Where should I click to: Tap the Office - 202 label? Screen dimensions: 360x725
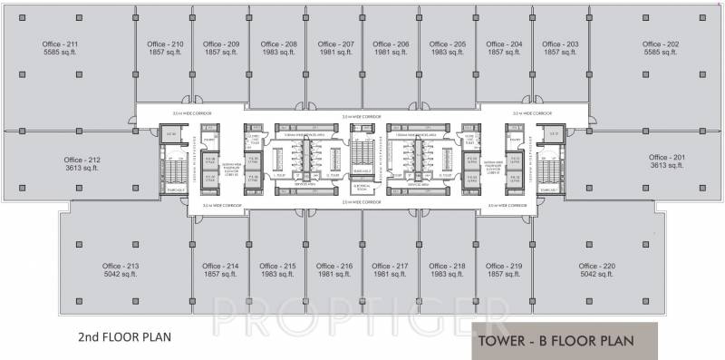(660, 44)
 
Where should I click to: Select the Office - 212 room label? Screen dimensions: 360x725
(82, 160)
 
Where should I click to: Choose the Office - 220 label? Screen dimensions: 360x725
(597, 266)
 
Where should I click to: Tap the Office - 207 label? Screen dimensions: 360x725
(335, 44)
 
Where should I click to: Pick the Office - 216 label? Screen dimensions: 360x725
(334, 266)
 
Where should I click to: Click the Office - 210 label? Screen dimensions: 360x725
(165, 44)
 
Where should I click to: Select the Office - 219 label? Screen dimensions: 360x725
(505, 266)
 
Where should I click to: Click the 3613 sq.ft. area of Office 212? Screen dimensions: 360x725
(82, 169)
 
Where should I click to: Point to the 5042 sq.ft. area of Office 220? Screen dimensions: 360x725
(597, 275)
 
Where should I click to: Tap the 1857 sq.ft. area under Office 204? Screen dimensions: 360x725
(505, 54)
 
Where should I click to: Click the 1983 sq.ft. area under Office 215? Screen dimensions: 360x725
(277, 275)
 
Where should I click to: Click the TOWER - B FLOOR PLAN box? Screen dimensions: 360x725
(552, 342)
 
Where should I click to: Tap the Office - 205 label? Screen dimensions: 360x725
(448, 44)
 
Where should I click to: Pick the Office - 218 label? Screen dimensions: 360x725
(448, 266)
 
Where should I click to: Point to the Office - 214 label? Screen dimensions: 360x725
(221, 266)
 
